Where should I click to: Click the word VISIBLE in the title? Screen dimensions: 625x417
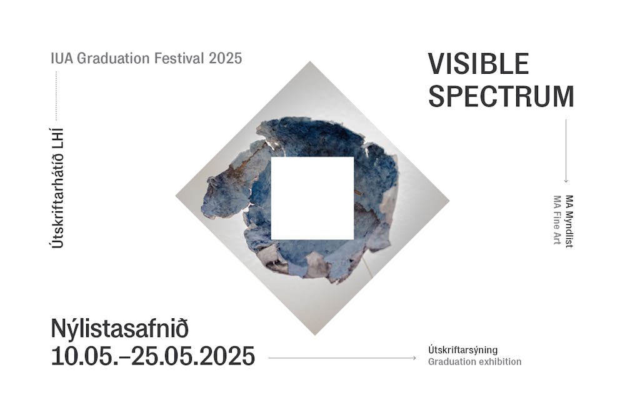tap(478, 64)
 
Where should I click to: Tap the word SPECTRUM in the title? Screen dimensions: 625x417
tap(501, 96)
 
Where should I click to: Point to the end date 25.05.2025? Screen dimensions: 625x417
tap(193, 356)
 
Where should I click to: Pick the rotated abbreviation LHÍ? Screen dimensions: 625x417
tap(57, 138)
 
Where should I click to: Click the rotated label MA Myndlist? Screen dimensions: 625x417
tap(569, 221)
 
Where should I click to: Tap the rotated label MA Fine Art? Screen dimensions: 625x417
tap(557, 219)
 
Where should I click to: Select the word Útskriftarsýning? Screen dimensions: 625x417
tap(462, 350)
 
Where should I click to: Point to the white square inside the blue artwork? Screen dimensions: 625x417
tap(312, 198)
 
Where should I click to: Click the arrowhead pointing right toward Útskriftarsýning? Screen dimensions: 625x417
tap(414, 358)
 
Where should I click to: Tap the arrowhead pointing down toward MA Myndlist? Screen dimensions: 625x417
tap(566, 181)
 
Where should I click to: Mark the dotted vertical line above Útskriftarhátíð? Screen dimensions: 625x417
tap(56, 96)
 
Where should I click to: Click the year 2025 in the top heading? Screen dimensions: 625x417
tap(225, 58)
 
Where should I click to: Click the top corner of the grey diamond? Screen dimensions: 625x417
tap(310, 61)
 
